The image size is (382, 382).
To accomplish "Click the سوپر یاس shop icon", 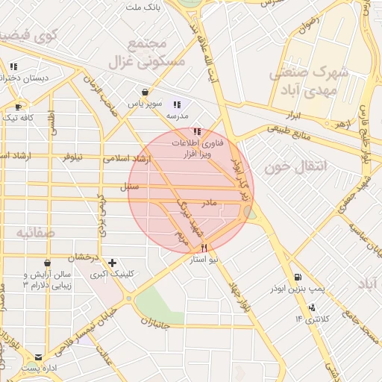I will [x=144, y=93].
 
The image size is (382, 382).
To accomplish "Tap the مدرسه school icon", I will [x=177, y=105].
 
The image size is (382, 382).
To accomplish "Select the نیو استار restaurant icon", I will [x=204, y=248].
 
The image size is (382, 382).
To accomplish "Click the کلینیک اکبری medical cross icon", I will [x=112, y=263].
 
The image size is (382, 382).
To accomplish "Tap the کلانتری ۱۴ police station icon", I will [x=311, y=307].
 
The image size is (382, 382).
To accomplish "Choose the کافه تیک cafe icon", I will [x=19, y=107].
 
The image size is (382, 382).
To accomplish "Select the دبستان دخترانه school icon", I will [x=13, y=66].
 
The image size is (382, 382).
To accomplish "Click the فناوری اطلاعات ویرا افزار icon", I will [x=197, y=131].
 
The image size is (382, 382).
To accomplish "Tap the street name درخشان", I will [x=84, y=257].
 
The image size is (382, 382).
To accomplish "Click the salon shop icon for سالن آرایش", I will [x=48, y=263].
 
